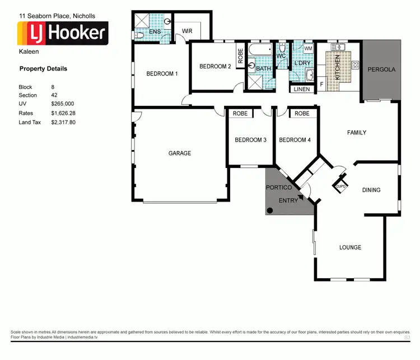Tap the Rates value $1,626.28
point(63,113)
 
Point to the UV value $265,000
point(62,104)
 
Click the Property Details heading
point(43,69)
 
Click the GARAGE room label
point(180,153)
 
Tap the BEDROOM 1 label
point(162,74)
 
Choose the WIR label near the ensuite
point(187,31)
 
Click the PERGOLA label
point(381,70)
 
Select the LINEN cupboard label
point(301,89)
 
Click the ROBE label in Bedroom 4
point(302,114)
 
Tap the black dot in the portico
point(270,210)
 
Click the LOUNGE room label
point(350,247)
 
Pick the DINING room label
point(371,190)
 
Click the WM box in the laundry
point(308,49)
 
